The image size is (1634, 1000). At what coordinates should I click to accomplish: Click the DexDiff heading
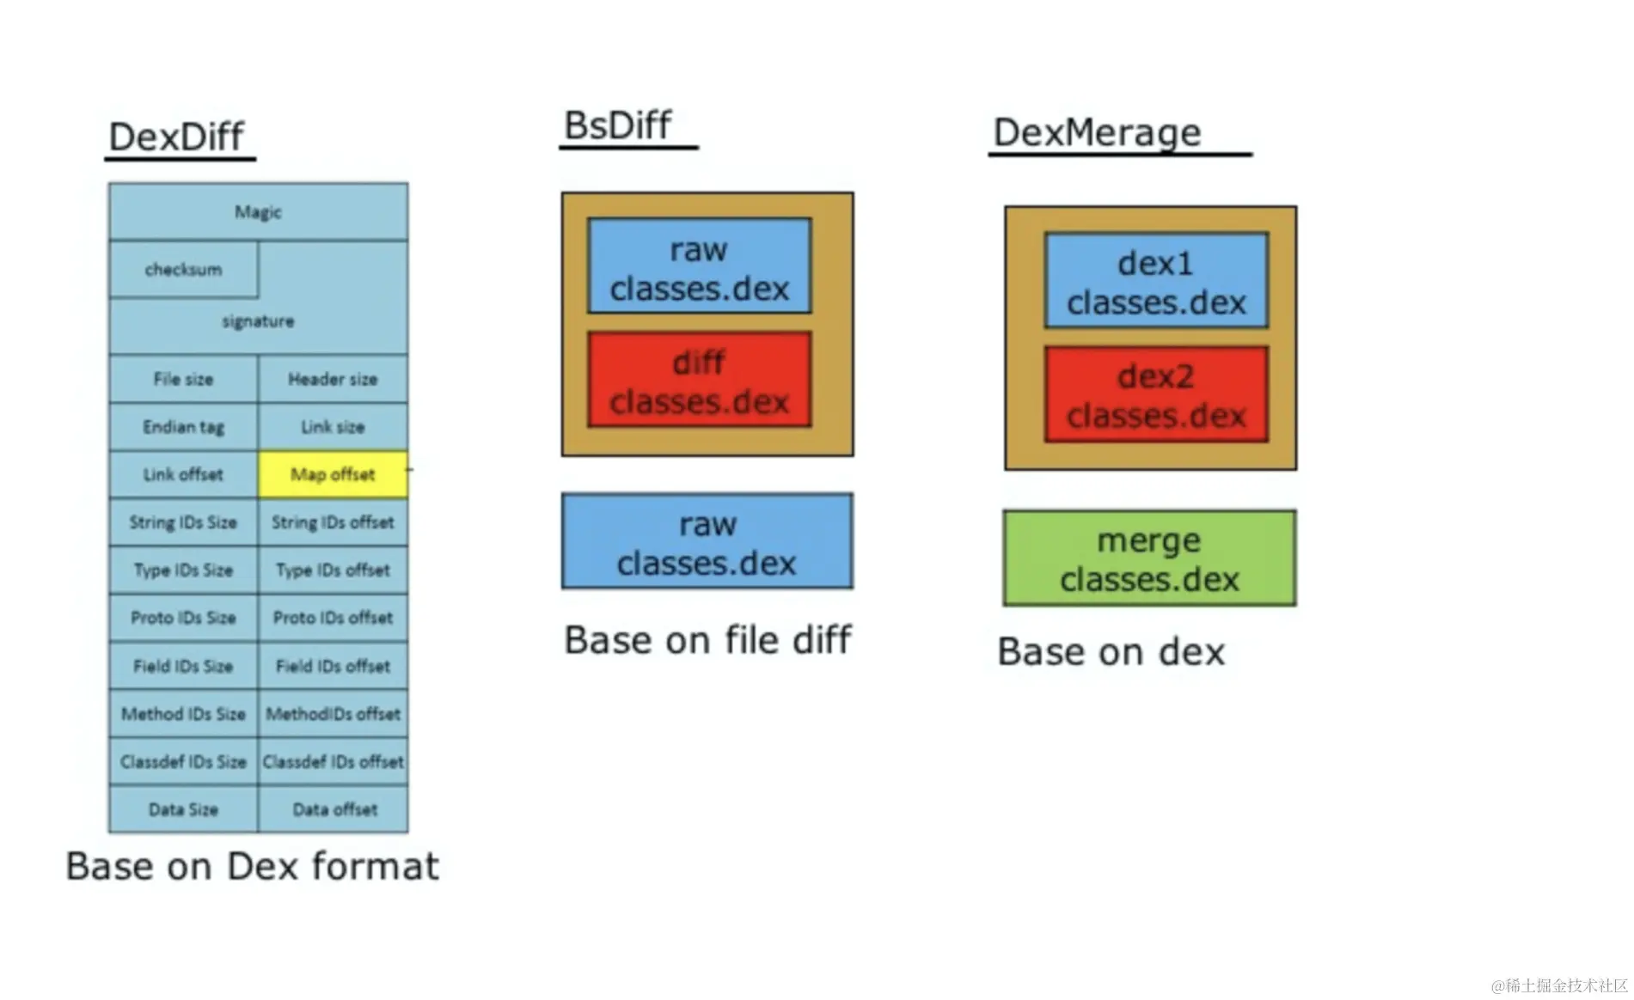click(176, 137)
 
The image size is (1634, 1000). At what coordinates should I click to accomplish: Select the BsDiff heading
click(617, 125)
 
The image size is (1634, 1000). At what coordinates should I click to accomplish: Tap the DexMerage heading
click(1097, 132)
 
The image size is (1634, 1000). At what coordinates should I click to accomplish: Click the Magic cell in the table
click(258, 211)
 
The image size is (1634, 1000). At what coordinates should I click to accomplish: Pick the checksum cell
click(183, 270)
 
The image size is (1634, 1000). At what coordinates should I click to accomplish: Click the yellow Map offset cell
click(333, 474)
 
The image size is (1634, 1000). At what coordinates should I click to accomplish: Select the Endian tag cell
click(183, 427)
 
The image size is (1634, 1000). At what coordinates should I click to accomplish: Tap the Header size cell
click(333, 379)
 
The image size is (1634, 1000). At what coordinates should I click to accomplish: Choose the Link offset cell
click(183, 474)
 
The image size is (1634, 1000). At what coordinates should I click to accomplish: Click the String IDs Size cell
click(183, 522)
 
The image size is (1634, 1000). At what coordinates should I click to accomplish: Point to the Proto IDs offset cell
click(333, 618)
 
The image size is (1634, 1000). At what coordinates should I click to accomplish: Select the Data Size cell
click(183, 809)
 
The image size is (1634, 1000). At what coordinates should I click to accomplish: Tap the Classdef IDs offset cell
click(333, 762)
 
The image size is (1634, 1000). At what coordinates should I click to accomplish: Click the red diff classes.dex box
click(699, 381)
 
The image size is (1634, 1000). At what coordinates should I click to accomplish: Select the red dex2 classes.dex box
click(1156, 395)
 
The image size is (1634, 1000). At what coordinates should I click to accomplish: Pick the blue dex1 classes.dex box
click(1156, 281)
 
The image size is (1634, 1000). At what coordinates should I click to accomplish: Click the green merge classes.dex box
click(1149, 559)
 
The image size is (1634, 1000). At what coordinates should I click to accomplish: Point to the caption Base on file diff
click(707, 640)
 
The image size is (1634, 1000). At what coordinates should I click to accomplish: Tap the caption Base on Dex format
click(252, 866)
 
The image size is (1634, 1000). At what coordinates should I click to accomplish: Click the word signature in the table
click(258, 321)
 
